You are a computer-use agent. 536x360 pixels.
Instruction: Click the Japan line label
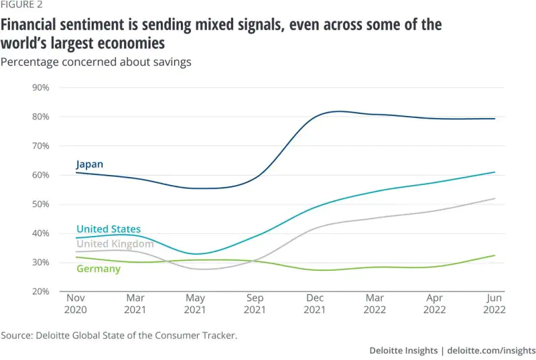(89, 164)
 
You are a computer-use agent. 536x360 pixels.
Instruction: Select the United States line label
(108, 229)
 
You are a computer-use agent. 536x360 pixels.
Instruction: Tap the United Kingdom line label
(115, 244)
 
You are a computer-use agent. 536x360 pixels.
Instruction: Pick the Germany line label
(98, 269)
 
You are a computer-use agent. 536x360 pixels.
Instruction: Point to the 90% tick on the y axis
(42, 87)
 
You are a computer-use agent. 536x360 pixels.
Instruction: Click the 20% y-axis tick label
(42, 292)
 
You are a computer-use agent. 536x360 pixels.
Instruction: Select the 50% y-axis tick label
(42, 204)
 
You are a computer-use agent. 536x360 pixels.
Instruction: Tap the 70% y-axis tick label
(42, 145)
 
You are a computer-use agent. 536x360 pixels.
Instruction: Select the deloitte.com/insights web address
(491, 350)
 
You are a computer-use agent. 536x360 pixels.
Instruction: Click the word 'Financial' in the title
(36, 25)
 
